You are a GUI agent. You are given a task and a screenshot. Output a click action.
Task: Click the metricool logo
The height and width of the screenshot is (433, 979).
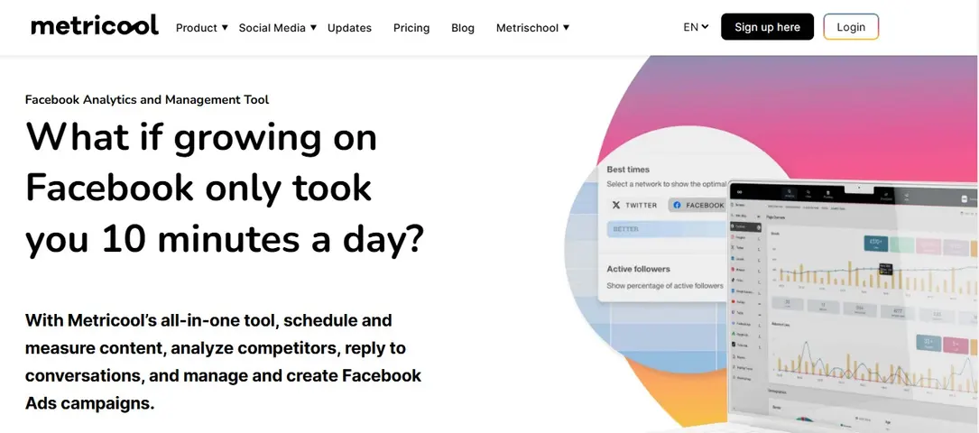pyautogui.click(x=95, y=25)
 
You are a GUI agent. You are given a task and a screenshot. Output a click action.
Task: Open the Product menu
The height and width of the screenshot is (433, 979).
pyautogui.click(x=201, y=28)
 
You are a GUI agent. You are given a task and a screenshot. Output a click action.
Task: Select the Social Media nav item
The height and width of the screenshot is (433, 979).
pyautogui.click(x=277, y=28)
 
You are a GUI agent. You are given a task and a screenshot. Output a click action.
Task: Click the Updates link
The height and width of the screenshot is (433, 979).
pyautogui.click(x=349, y=28)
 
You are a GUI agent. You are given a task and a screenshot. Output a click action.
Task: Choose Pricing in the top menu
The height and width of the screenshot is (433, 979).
pyautogui.click(x=411, y=28)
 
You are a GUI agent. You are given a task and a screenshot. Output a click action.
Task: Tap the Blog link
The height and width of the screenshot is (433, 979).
pyautogui.click(x=463, y=28)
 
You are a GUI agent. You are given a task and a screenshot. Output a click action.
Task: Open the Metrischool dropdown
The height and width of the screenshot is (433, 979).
pyautogui.click(x=532, y=28)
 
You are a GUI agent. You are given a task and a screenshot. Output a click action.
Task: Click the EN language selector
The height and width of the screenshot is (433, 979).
pyautogui.click(x=696, y=27)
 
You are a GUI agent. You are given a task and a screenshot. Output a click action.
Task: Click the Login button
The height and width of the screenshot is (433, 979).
pyautogui.click(x=851, y=27)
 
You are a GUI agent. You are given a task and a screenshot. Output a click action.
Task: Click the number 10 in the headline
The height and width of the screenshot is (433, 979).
pyautogui.click(x=124, y=239)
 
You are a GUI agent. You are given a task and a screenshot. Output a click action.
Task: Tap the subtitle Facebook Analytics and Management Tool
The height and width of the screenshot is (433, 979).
pyautogui.click(x=147, y=100)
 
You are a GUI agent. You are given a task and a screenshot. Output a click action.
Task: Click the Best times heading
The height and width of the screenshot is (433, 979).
pyautogui.click(x=628, y=170)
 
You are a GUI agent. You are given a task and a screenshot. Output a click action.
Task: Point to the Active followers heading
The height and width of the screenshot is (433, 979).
pyautogui.click(x=638, y=269)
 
